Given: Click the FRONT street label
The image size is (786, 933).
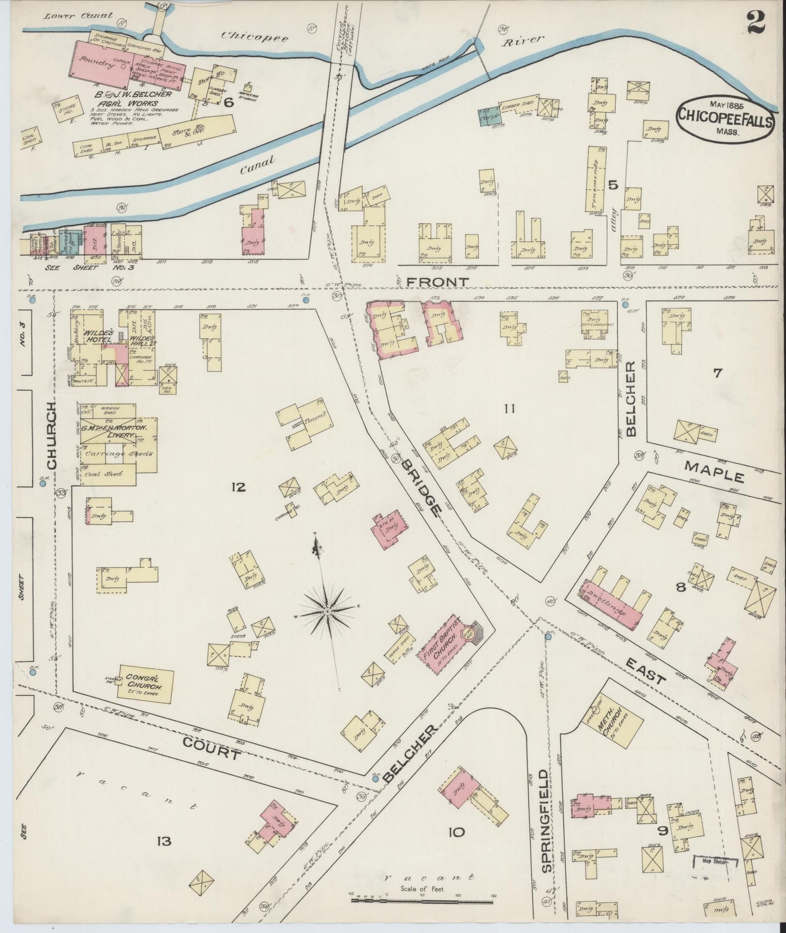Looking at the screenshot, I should point(437,282).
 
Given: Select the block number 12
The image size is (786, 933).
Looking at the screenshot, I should point(238,487).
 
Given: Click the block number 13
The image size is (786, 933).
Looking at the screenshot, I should point(164,841).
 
